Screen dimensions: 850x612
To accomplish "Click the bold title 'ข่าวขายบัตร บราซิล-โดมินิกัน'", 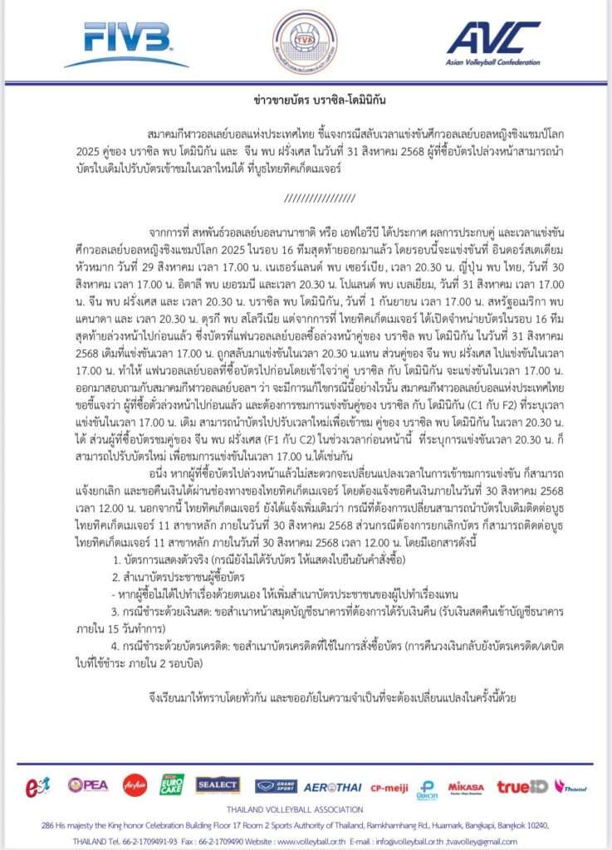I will coord(305,101).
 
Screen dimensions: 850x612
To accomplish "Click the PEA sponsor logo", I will coord(88,784).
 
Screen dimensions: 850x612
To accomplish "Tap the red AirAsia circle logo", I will coord(135,784).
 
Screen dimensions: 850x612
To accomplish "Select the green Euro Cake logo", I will coord(173,784).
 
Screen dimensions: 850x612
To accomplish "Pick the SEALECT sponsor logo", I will coord(218,784).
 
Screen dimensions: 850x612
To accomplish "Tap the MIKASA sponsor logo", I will coord(466,785).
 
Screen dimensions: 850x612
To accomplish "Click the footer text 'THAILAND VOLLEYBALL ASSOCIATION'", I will coord(306,809).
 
